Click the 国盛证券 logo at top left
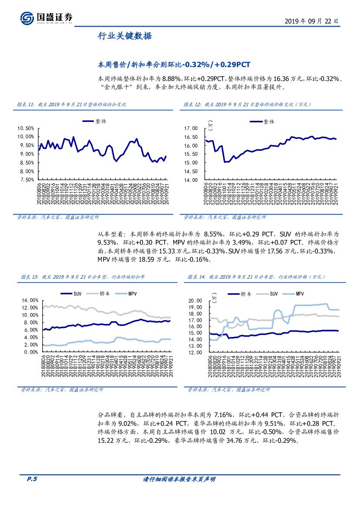click(x=46, y=18)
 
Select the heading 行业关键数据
click(x=124, y=36)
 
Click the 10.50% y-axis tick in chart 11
click(x=26, y=128)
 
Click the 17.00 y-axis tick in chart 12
click(x=192, y=128)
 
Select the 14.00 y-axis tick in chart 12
click(x=192, y=179)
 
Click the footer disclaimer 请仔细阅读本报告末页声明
click(x=179, y=479)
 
